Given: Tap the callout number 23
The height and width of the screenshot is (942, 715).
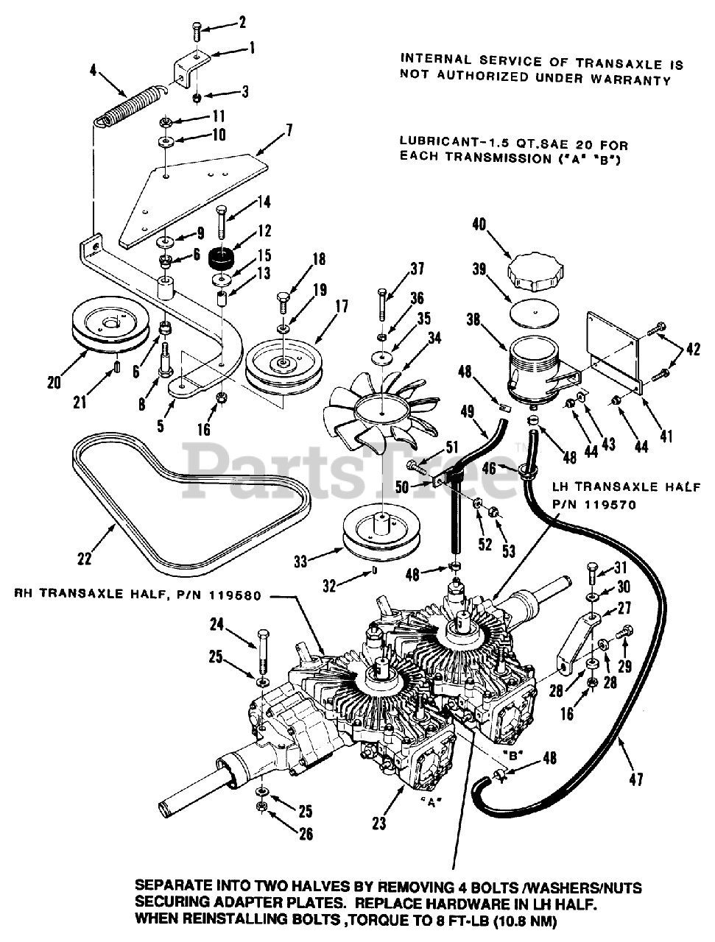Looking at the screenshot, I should (x=378, y=824).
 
